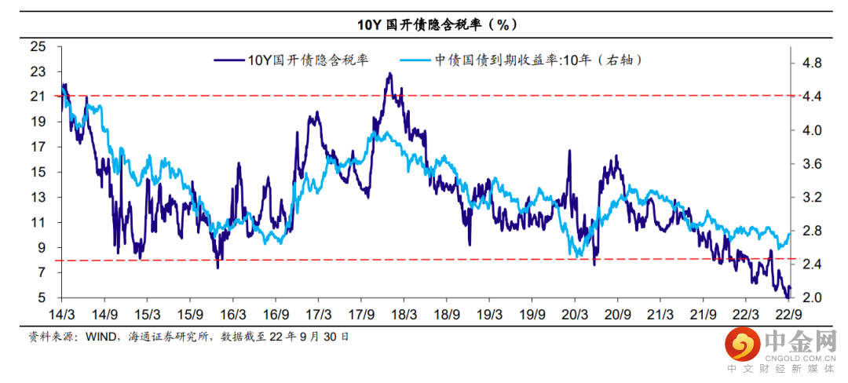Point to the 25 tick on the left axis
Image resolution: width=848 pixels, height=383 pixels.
pos(37,46)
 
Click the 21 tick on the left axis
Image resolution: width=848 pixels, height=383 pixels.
pos(37,97)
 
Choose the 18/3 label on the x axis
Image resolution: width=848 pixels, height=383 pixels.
pos(404,314)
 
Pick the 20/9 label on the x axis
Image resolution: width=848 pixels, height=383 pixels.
pos(617,314)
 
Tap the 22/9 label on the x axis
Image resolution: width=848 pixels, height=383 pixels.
pos(788,314)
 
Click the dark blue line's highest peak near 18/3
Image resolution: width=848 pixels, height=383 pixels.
pos(389,74)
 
